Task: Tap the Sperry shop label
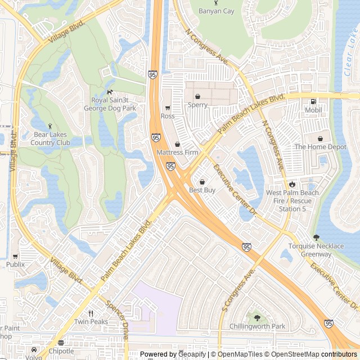click(197, 105)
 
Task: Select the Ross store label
click(168, 116)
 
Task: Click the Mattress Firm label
click(177, 152)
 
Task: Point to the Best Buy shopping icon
click(202, 182)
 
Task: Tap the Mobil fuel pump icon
click(313, 102)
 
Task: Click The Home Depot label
click(320, 147)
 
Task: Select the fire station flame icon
click(292, 184)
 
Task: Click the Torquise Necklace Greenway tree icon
click(316, 237)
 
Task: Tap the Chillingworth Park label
click(258, 326)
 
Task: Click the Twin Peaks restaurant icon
click(91, 313)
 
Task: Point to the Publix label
click(16, 264)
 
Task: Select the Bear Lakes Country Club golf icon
click(51, 126)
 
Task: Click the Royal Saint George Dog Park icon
click(110, 92)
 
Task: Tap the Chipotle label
click(61, 351)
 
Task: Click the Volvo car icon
click(34, 349)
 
